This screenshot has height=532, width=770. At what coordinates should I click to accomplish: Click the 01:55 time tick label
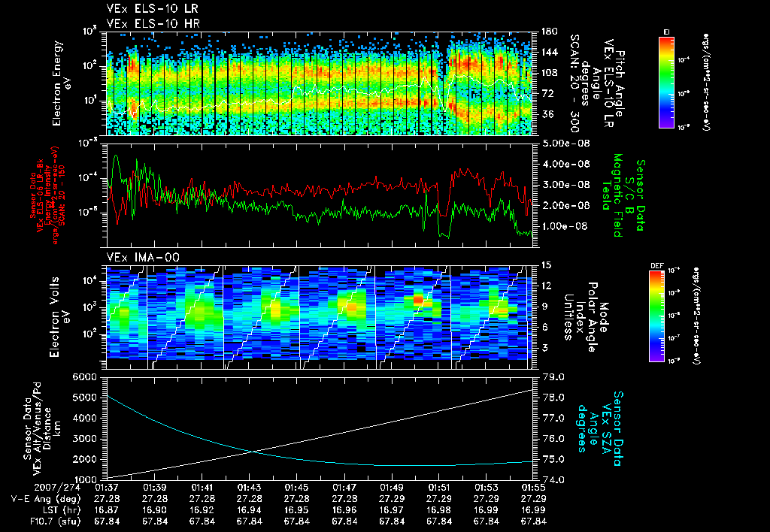(533, 488)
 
